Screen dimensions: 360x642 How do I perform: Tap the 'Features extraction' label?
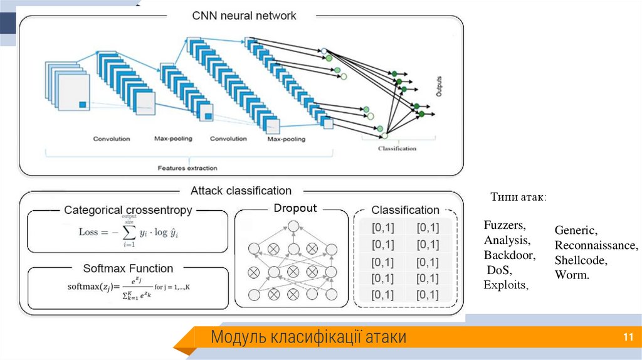pos(187,167)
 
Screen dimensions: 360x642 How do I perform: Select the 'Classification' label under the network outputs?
pos(397,149)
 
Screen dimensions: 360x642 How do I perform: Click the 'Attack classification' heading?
pos(241,191)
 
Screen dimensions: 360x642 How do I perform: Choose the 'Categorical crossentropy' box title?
pos(128,210)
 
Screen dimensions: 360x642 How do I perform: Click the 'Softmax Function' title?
pos(128,268)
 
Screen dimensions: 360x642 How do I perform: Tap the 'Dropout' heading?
pos(295,208)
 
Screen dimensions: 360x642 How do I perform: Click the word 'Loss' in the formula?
pos(88,231)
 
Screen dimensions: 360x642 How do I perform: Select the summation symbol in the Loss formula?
pos(129,233)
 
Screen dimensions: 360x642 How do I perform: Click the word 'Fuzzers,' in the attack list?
pos(505,225)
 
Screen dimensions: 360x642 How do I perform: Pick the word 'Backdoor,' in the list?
pos(510,255)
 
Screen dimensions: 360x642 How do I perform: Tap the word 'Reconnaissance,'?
pos(596,245)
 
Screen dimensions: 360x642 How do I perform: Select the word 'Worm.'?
pos(572,275)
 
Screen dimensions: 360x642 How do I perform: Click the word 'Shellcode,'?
pos(581,260)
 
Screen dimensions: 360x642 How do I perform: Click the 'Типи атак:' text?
pos(518,198)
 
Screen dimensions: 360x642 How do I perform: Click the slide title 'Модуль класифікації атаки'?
pos(308,337)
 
